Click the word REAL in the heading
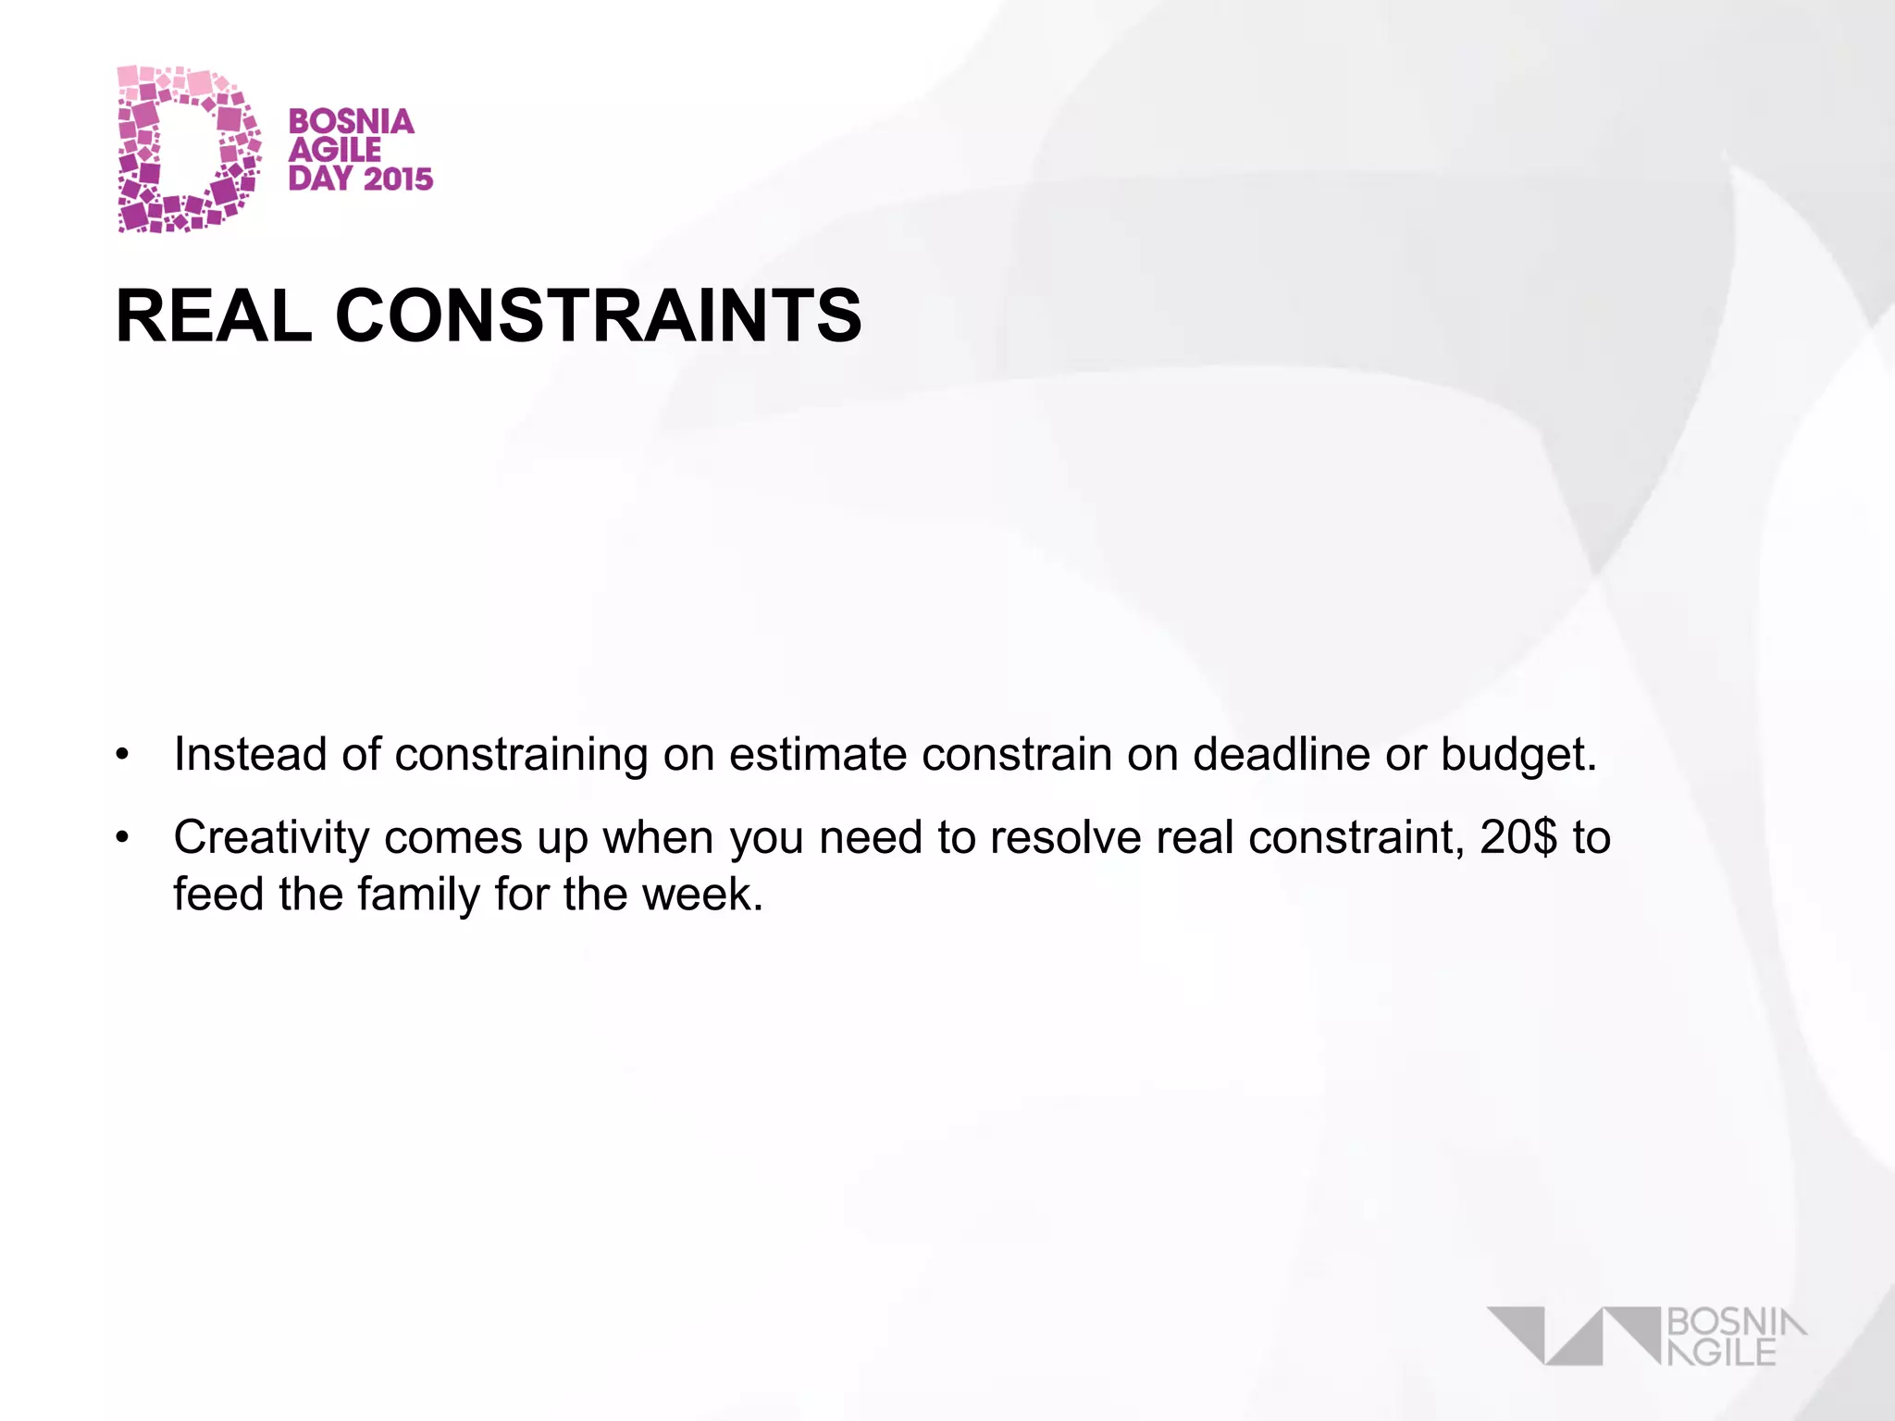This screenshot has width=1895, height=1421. click(214, 315)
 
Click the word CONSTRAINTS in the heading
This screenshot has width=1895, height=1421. click(598, 315)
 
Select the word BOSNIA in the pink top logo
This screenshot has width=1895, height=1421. click(351, 121)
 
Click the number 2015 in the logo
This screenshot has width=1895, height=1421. click(398, 179)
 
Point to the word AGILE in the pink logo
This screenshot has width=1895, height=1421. click(334, 150)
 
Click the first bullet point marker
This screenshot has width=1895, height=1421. click(122, 755)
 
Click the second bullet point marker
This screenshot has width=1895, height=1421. click(122, 838)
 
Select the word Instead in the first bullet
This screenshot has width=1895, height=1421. click(251, 754)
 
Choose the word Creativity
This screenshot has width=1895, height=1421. click(272, 838)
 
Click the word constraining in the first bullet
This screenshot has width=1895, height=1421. click(521, 755)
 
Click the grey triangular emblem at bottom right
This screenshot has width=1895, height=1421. click(1573, 1335)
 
